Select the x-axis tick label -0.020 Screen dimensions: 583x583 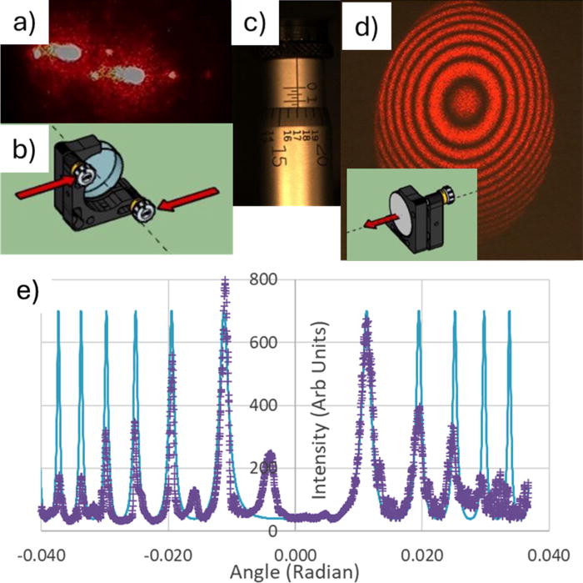tap(167, 554)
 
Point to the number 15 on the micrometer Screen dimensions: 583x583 tap(277, 155)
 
